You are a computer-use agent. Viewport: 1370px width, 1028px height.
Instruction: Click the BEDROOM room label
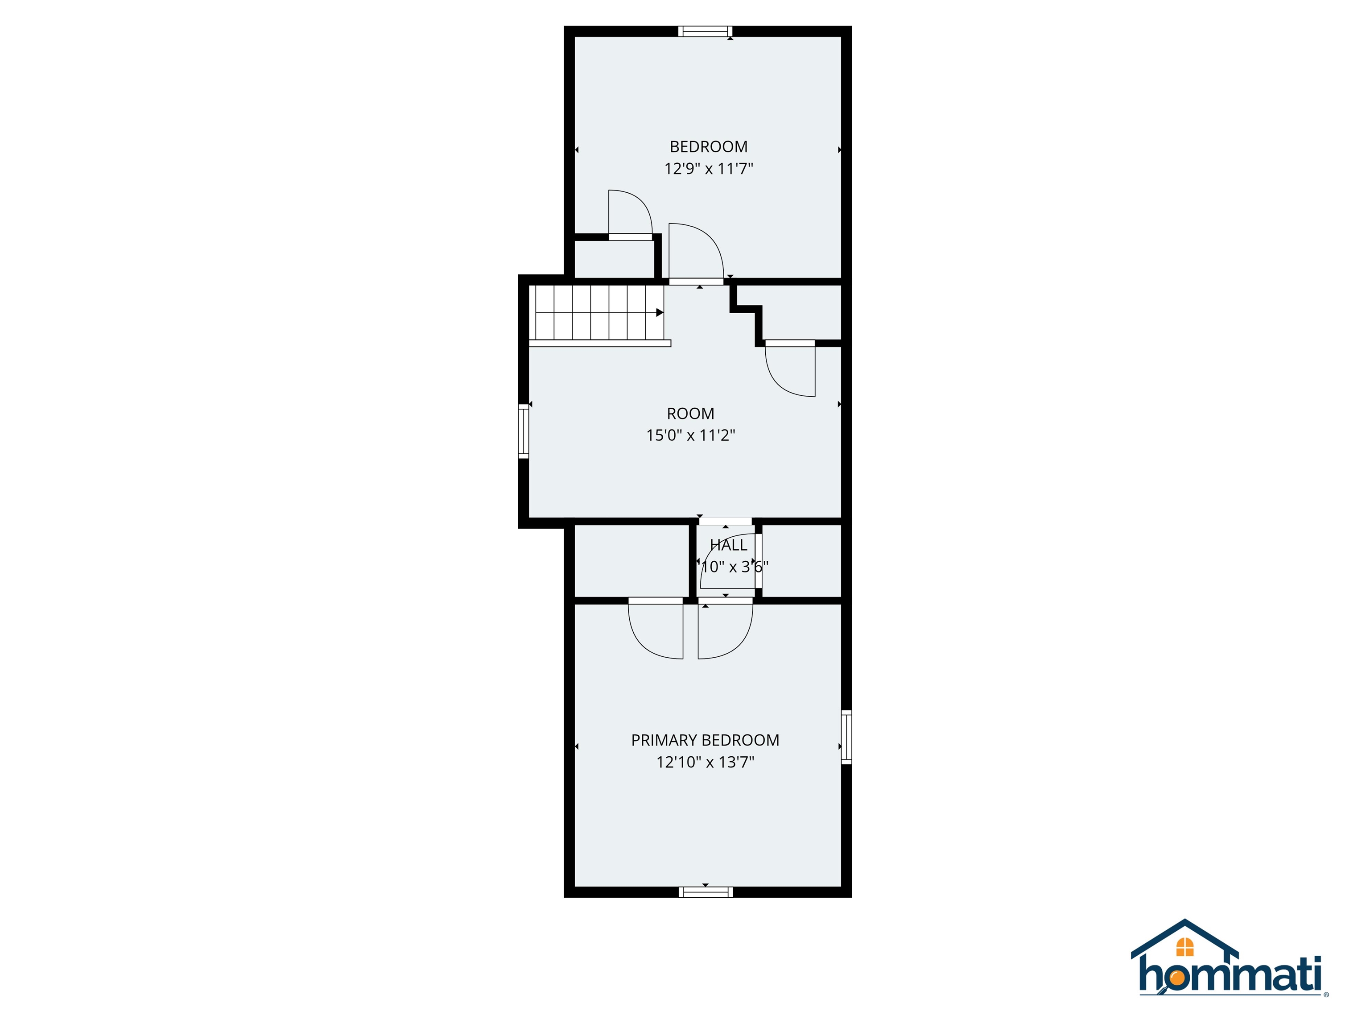(709, 147)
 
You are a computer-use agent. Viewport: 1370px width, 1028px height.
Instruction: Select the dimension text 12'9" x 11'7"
(709, 169)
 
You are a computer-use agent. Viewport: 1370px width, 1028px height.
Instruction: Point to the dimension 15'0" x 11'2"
(690, 435)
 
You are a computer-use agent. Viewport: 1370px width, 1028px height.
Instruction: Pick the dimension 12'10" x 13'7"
(705, 762)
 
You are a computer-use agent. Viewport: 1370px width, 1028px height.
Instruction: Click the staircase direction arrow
(660, 312)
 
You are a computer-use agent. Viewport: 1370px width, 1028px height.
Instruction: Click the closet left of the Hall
(632, 561)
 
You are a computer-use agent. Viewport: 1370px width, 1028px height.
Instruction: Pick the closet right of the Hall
(801, 561)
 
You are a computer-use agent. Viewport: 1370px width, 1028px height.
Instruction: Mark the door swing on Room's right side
(791, 370)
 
